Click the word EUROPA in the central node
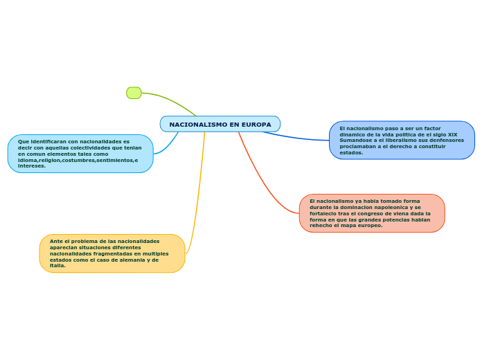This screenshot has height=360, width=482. tap(256, 125)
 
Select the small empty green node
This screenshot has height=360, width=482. tap(134, 93)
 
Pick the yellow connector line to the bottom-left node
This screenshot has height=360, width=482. tap(199, 194)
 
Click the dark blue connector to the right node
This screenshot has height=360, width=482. tap(298, 137)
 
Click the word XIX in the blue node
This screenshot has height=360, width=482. tap(452, 134)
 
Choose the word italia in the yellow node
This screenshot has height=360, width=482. tap(57, 266)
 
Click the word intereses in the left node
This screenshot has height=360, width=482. tap(31, 166)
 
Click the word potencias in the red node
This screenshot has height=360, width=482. tap(391, 219)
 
